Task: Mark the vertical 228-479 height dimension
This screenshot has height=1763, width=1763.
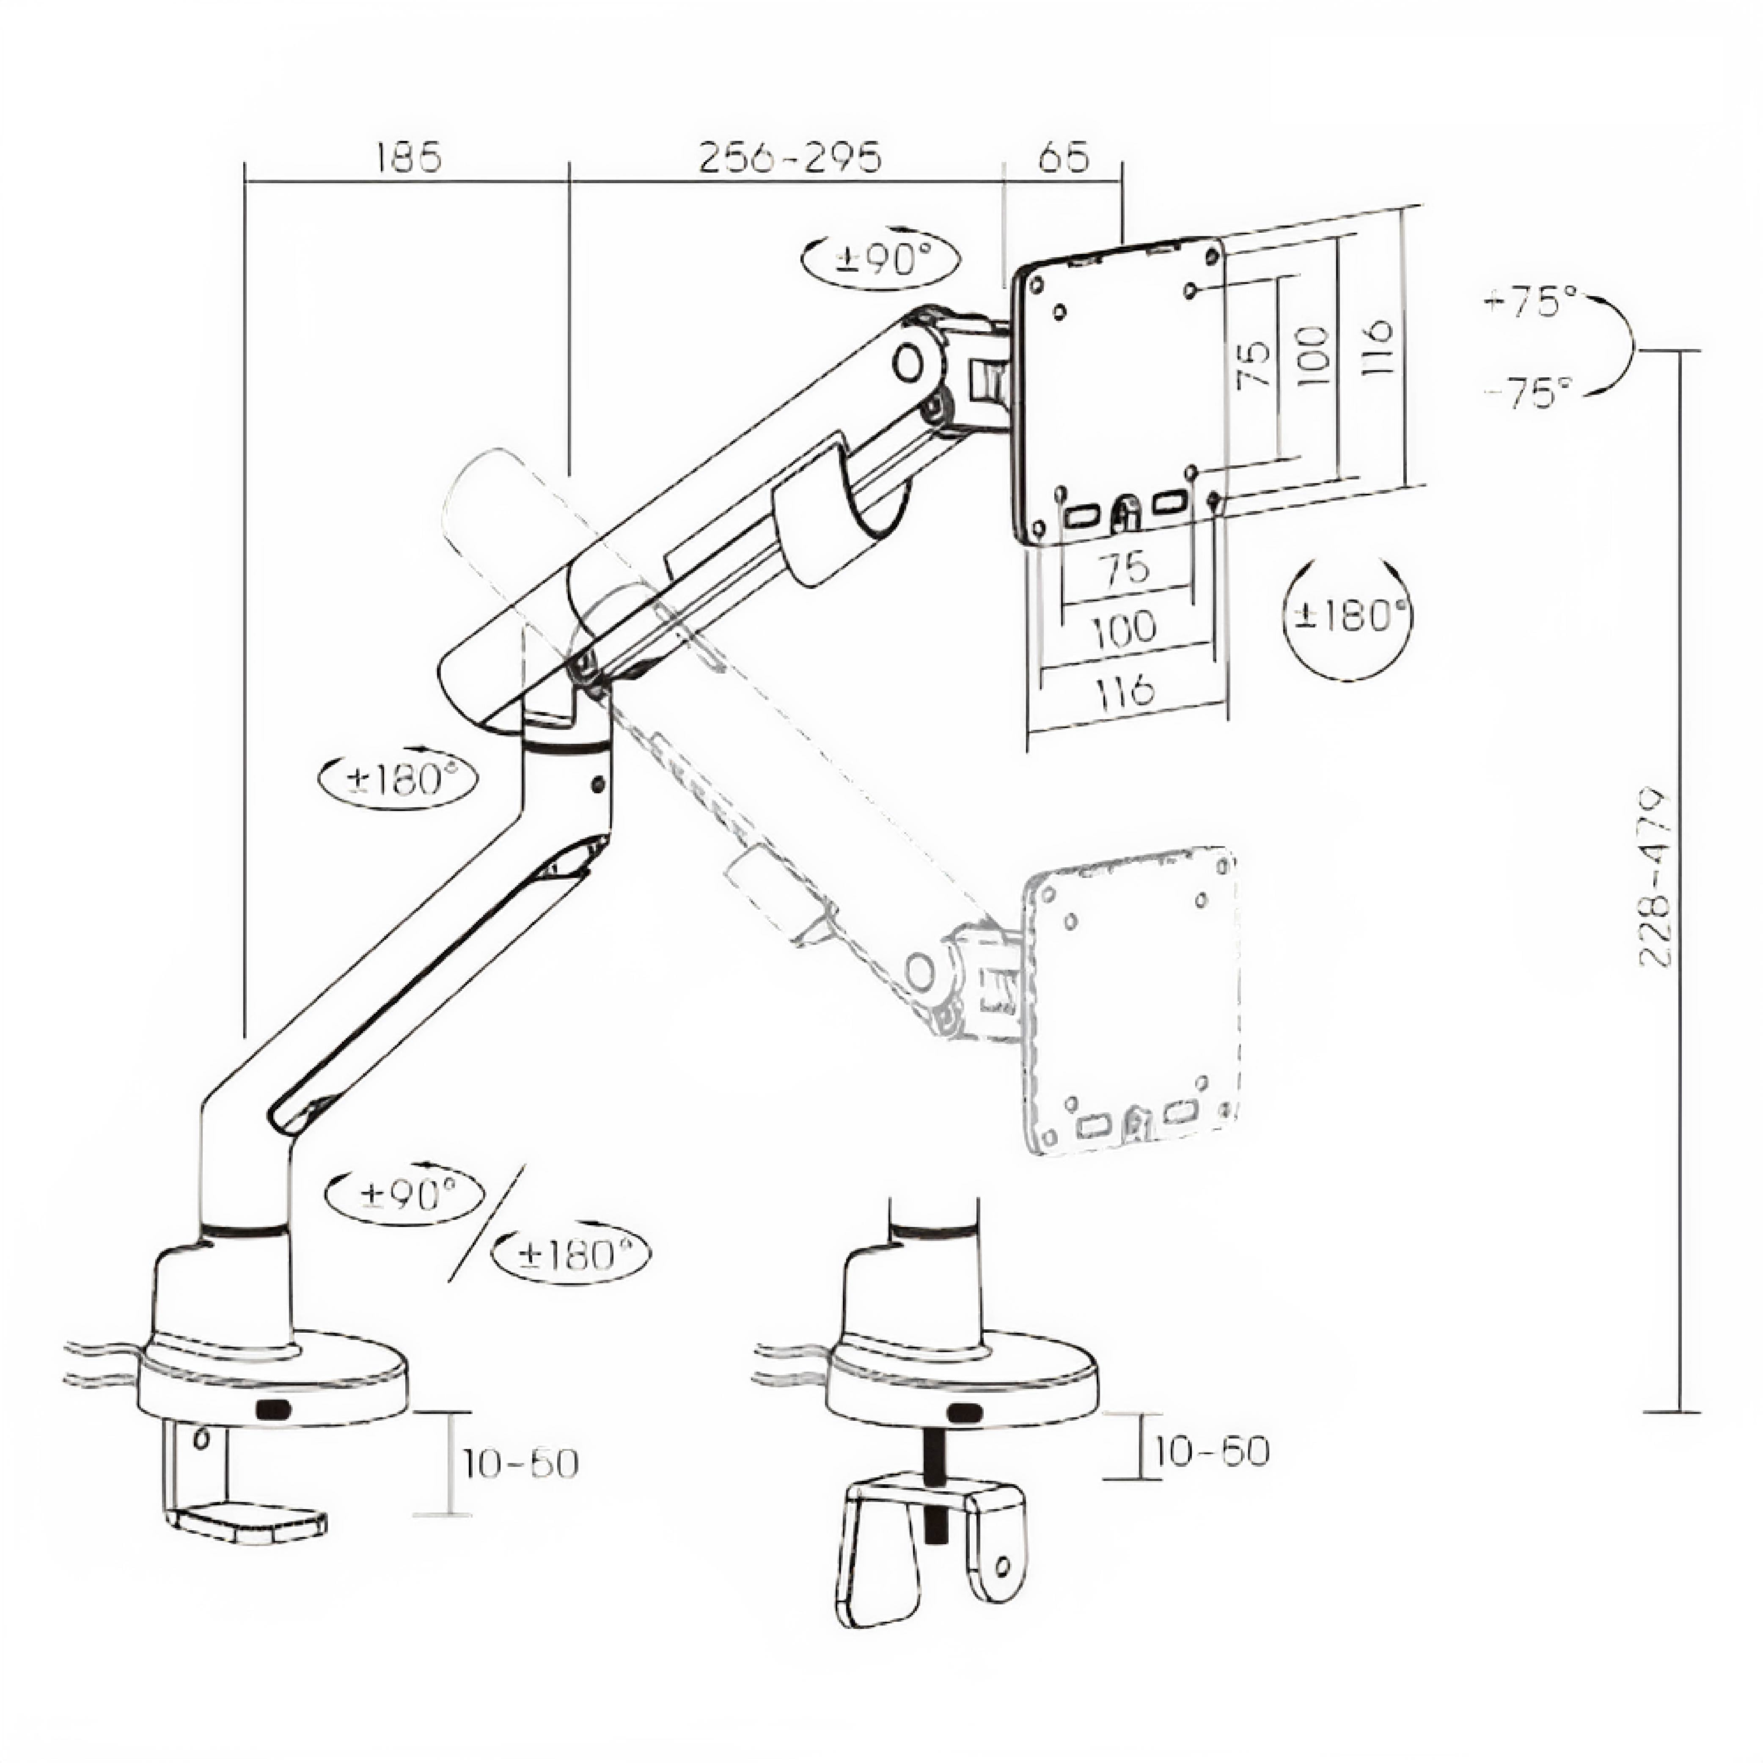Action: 1654,878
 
